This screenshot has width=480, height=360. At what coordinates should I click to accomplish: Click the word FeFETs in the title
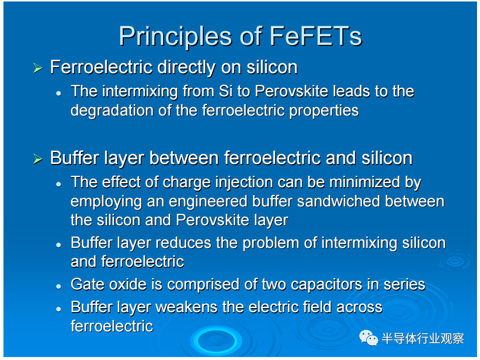[316, 36]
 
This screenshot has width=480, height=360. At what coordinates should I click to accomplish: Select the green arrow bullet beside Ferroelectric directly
[37, 68]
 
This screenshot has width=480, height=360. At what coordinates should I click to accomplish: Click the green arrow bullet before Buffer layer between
[37, 159]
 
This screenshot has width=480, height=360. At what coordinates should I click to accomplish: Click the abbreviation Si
[225, 91]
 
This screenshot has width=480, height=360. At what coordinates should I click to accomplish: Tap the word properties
[324, 111]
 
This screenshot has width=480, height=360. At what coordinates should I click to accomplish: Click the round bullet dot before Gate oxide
[59, 286]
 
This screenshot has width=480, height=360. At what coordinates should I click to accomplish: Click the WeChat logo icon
[369, 338]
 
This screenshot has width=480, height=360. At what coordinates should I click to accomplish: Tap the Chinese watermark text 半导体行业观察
[423, 339]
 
